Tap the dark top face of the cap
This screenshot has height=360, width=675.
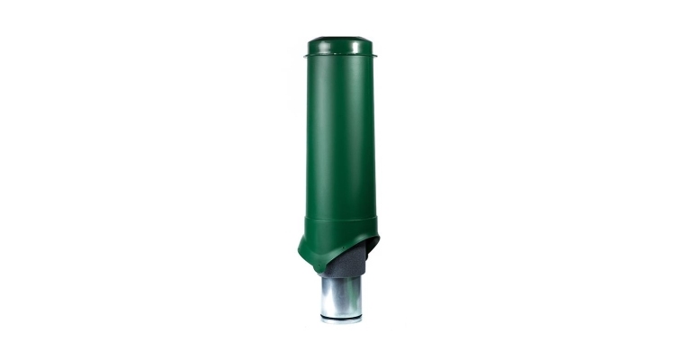[x=338, y=39]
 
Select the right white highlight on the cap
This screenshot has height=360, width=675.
[x=361, y=47]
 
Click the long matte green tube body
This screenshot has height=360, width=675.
[x=338, y=135]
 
